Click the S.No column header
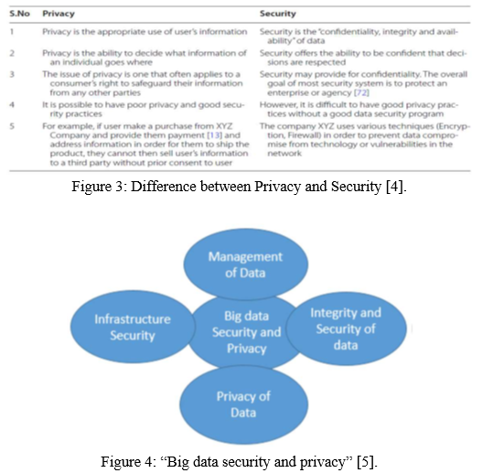tap(19, 14)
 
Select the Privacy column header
tap(59, 14)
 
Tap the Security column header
tap(278, 14)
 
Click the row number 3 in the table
tap(12, 74)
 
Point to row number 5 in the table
tap(12, 126)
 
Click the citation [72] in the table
tap(361, 92)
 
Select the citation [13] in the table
tap(215, 135)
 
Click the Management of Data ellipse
tap(245, 264)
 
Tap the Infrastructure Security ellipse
tap(133, 327)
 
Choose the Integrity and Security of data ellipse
tap(346, 328)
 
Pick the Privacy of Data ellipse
tap(243, 404)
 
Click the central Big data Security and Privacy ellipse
tap(247, 332)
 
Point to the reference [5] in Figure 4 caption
tap(367, 462)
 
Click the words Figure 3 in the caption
tap(99, 187)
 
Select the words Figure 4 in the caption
tap(127, 462)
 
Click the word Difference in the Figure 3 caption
tap(164, 187)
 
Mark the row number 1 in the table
tap(12, 32)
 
